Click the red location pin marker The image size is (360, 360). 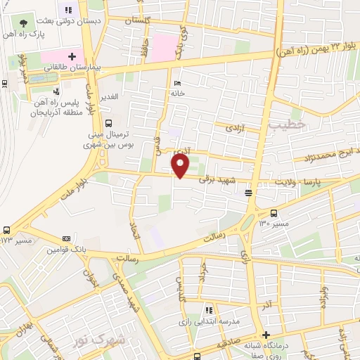pos(181,166)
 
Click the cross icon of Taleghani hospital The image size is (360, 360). pos(72,55)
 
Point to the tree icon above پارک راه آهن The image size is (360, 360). pos(24,22)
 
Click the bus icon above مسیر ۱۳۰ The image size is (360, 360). pos(274,213)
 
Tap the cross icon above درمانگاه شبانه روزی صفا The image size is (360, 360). pos(266,335)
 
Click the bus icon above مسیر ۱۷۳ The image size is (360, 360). pos(7,230)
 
